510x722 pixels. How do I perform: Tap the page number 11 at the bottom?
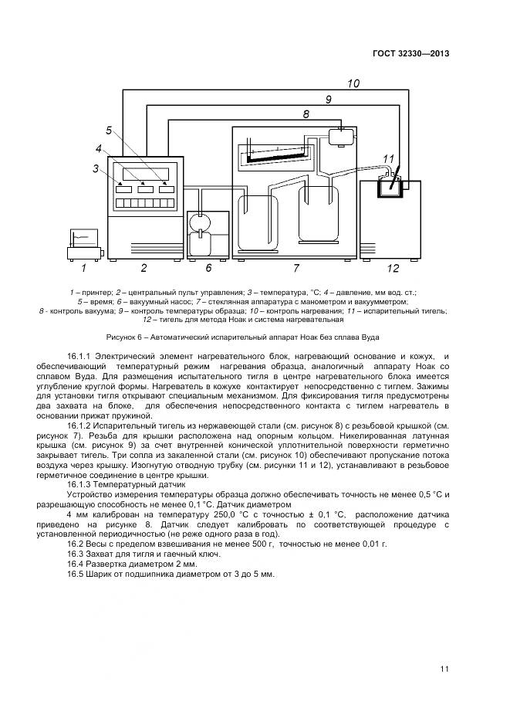point(444,669)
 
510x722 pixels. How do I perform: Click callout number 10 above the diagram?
point(353,83)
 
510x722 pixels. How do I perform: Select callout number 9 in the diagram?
point(329,99)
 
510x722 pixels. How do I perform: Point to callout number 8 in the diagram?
point(306,114)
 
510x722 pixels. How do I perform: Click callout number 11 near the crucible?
point(388,159)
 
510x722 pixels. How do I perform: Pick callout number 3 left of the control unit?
point(95,168)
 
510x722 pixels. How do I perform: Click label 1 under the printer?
point(83,269)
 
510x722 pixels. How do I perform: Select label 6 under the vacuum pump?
point(208,269)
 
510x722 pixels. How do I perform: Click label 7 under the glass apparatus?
point(295,269)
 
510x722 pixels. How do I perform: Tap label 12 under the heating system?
point(393,269)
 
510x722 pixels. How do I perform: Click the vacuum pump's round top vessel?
point(199,222)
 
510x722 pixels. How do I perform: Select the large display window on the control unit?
point(145,172)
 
